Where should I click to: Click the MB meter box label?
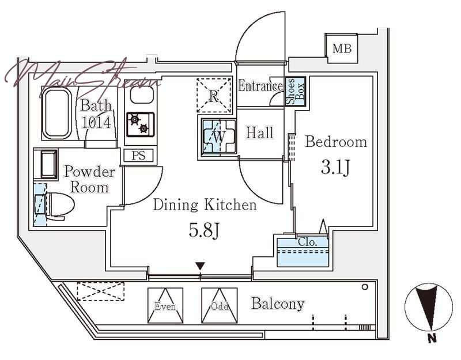pyautogui.click(x=342, y=48)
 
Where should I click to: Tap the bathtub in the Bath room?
pyautogui.click(x=56, y=113)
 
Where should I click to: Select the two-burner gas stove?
pyautogui.click(x=141, y=124)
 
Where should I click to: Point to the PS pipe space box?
pyautogui.click(x=138, y=155)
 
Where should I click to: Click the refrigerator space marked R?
pyautogui.click(x=214, y=95)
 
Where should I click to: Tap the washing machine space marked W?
pyautogui.click(x=219, y=136)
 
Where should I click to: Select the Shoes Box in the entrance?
pyautogui.click(x=296, y=92)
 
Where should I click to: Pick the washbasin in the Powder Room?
pyautogui.click(x=49, y=164)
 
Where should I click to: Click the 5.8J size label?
pyautogui.click(x=204, y=230)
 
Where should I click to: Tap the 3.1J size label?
pyautogui.click(x=335, y=168)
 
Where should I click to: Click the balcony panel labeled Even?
pyautogui.click(x=165, y=305)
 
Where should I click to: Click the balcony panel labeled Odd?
pyautogui.click(x=220, y=305)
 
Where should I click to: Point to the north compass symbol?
pyautogui.click(x=428, y=307)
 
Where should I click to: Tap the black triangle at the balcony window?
pyautogui.click(x=200, y=266)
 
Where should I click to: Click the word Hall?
pyautogui.click(x=260, y=132)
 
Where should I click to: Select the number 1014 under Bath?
pyautogui.click(x=96, y=123)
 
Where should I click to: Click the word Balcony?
pyautogui.click(x=278, y=304)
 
